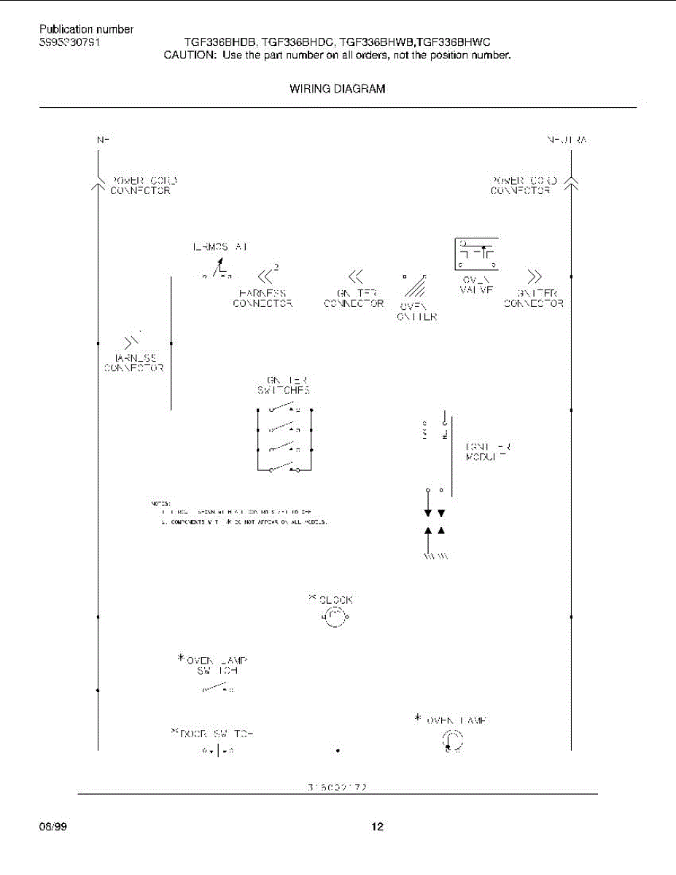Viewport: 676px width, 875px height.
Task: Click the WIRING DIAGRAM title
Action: pyautogui.click(x=338, y=89)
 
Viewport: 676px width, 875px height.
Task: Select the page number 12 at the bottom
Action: pyautogui.click(x=376, y=826)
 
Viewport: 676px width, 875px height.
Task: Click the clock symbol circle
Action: pyautogui.click(x=335, y=619)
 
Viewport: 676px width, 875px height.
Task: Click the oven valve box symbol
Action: pyautogui.click(x=476, y=254)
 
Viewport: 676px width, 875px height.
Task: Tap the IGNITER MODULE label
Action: pyautogui.click(x=488, y=451)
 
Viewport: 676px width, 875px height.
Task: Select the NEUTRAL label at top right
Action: pyautogui.click(x=567, y=139)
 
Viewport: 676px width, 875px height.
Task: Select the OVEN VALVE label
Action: pyautogui.click(x=477, y=284)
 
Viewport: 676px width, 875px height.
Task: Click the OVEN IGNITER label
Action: pyautogui.click(x=418, y=311)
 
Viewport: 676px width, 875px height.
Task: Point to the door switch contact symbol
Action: pyautogui.click(x=217, y=750)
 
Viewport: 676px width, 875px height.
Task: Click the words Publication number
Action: pyautogui.click(x=86, y=30)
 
